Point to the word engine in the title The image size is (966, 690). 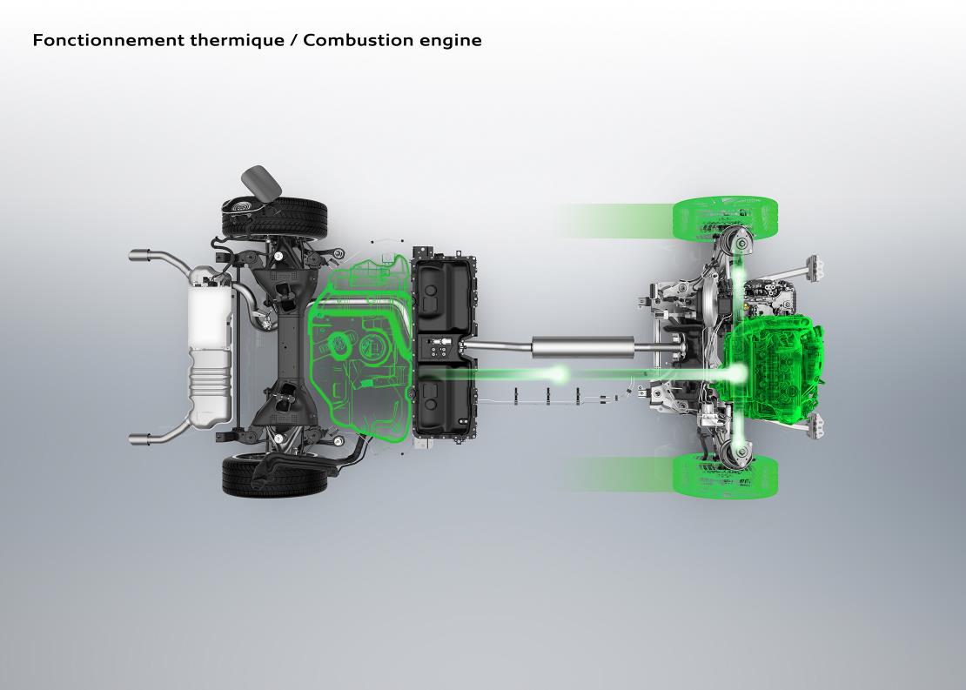point(450,42)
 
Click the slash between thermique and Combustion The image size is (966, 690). point(293,41)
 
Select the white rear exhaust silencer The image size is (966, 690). point(211,347)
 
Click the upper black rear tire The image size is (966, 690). point(275,218)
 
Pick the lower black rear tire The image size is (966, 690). point(275,476)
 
